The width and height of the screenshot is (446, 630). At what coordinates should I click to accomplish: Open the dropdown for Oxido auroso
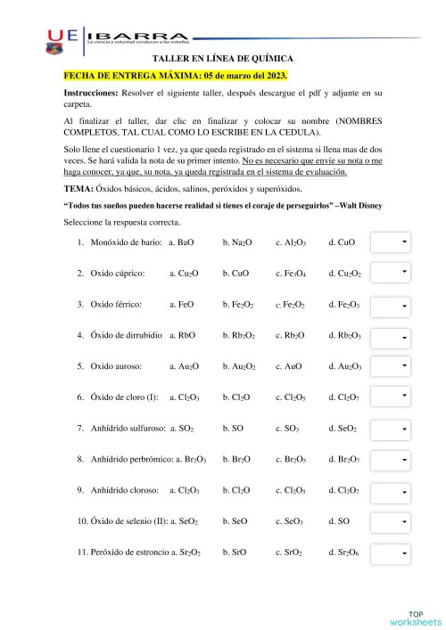391,366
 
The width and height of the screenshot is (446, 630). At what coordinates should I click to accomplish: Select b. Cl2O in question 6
236,397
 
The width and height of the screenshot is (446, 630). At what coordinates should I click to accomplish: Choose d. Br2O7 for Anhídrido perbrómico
344,460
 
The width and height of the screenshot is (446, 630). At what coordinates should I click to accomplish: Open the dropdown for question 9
391,491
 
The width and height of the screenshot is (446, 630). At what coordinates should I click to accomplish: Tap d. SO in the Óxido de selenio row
339,521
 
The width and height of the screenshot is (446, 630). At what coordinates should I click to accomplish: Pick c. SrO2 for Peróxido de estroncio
290,553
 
